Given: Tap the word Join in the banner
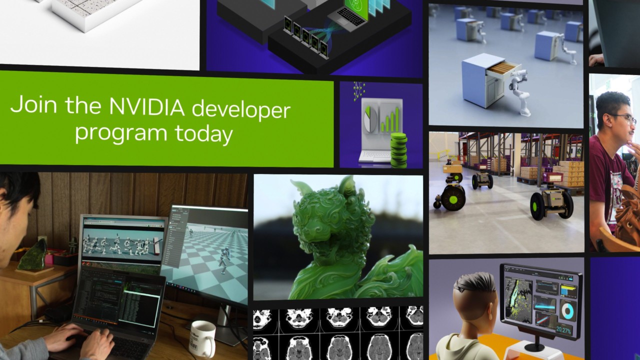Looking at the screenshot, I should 31,105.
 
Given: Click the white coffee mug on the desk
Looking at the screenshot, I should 202,338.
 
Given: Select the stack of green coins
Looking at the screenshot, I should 398,150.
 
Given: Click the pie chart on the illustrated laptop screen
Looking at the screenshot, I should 370,119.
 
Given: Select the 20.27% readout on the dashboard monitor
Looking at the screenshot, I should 564,330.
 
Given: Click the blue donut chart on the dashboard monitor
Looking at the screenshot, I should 568,310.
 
